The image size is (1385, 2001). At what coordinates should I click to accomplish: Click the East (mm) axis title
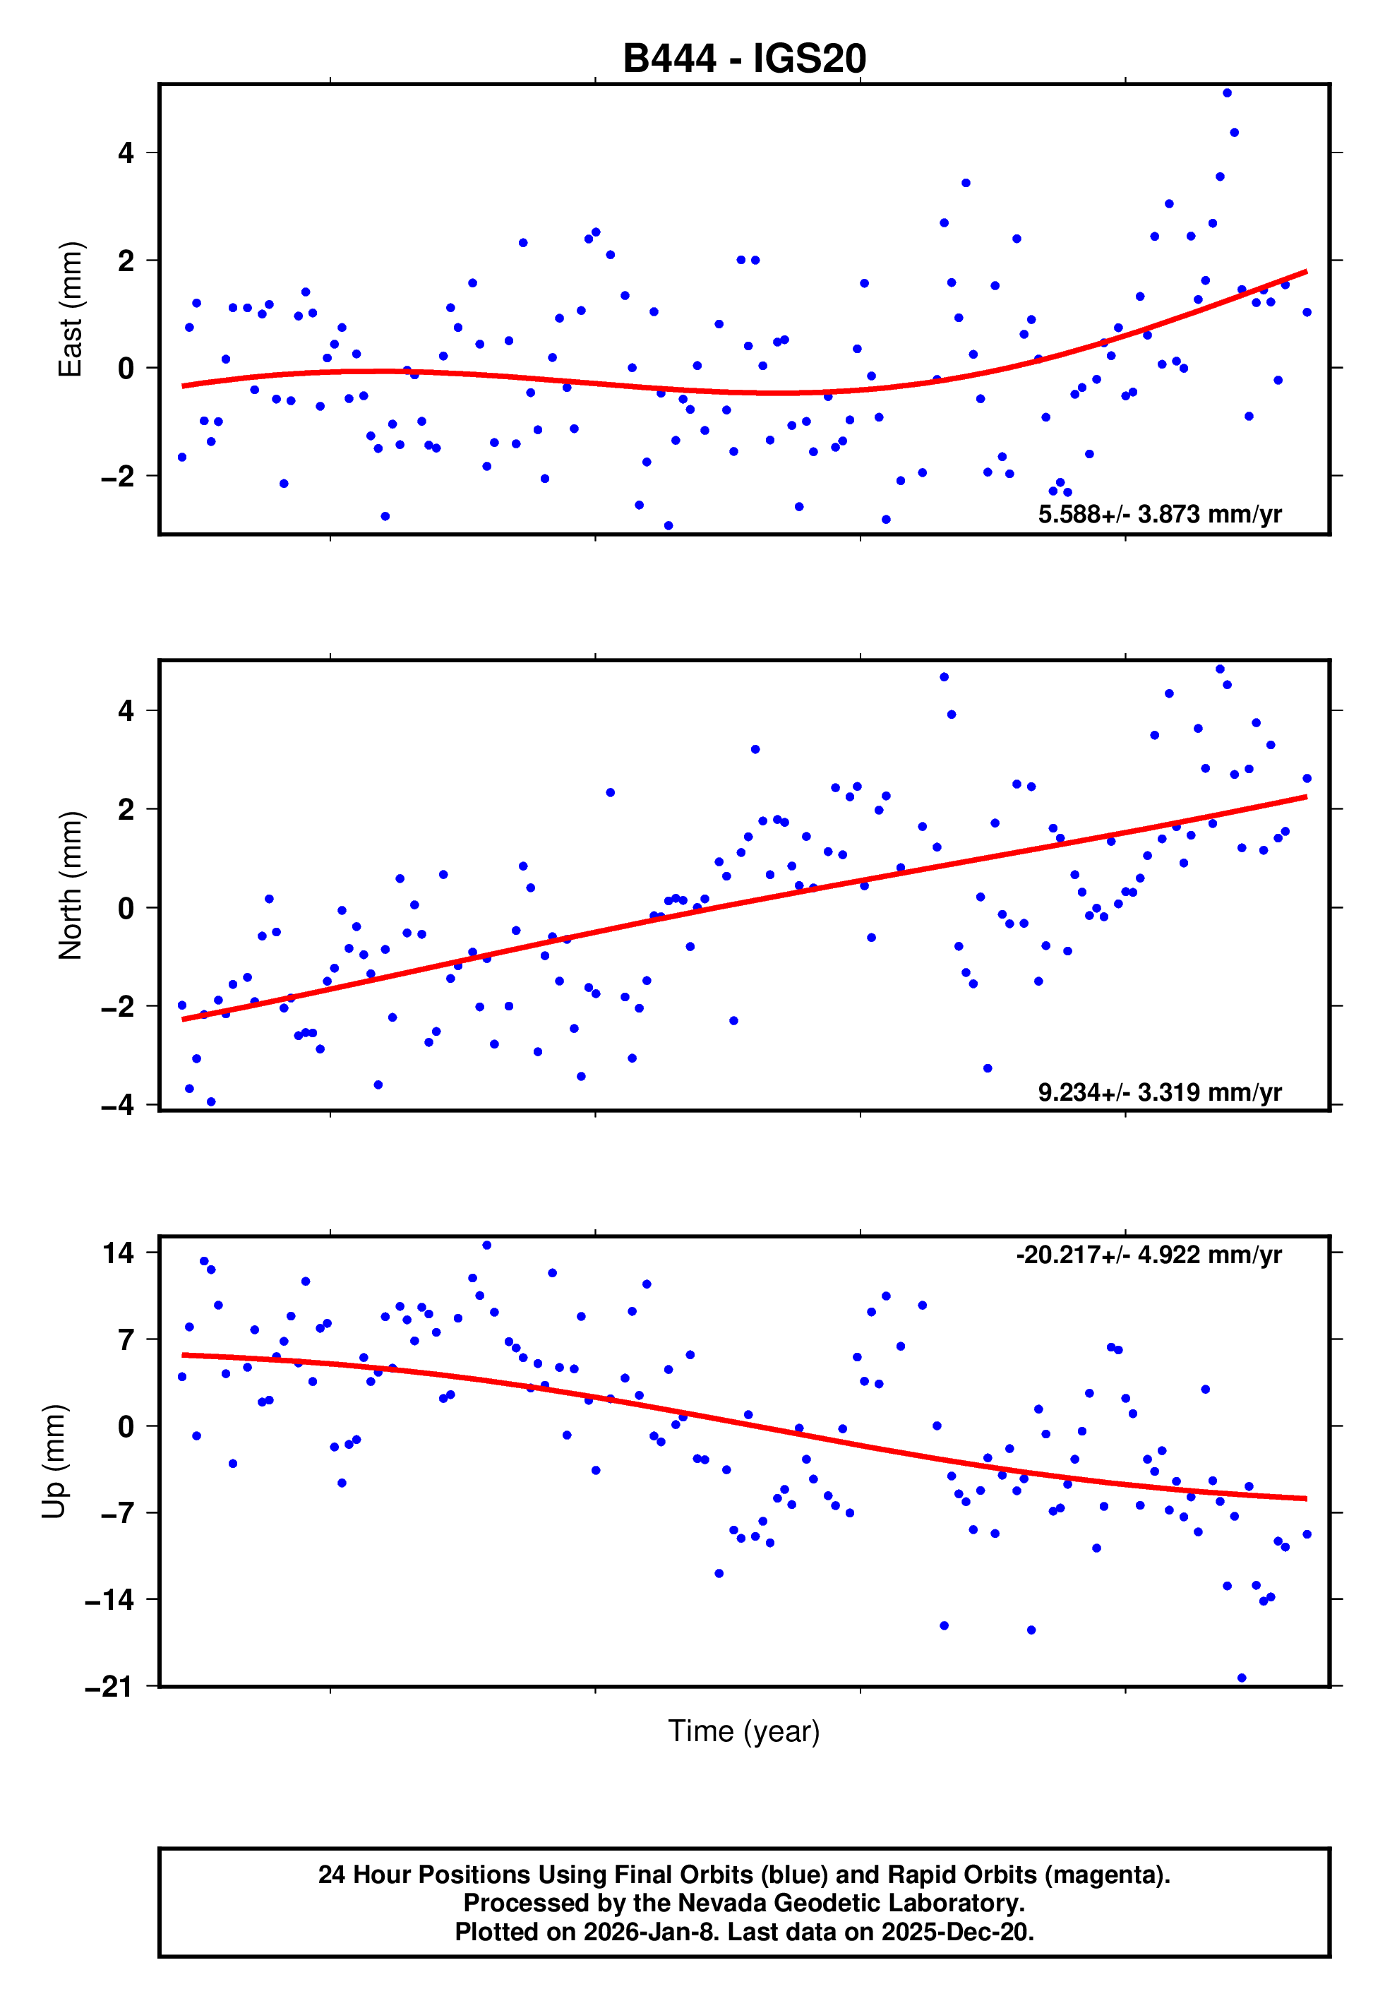(69, 309)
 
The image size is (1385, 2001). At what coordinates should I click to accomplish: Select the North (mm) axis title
(69, 885)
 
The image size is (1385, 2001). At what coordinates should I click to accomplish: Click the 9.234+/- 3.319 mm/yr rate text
(1159, 1092)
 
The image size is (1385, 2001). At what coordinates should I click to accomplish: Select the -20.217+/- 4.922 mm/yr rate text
(1148, 1255)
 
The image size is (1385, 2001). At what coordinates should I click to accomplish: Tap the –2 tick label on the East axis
(118, 477)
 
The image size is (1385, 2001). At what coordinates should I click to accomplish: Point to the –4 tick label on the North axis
(118, 1106)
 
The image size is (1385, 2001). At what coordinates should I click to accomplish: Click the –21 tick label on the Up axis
(109, 1687)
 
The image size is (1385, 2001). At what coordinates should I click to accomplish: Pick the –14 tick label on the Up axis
(109, 1599)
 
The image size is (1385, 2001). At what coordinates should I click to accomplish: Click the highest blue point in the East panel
(1227, 92)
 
